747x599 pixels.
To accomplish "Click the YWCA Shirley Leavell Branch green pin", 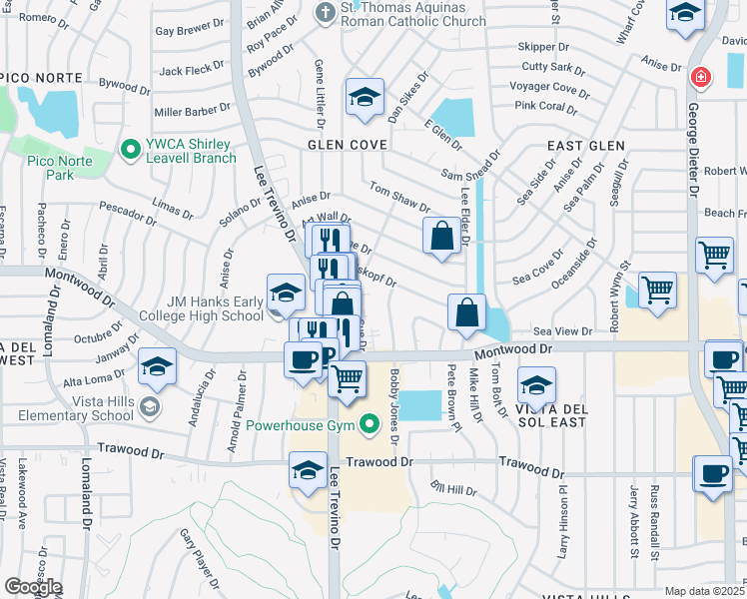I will point(129,150).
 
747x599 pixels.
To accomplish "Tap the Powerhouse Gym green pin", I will point(371,426).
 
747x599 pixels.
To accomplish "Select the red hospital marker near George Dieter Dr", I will point(701,77).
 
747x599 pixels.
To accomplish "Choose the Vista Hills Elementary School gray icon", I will point(149,405).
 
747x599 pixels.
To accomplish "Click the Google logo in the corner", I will point(32,587).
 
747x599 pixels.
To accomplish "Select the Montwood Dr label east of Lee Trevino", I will point(513,349).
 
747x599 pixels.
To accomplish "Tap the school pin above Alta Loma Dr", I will point(157,366).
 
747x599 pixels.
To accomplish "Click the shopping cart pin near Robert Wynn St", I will point(657,290).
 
